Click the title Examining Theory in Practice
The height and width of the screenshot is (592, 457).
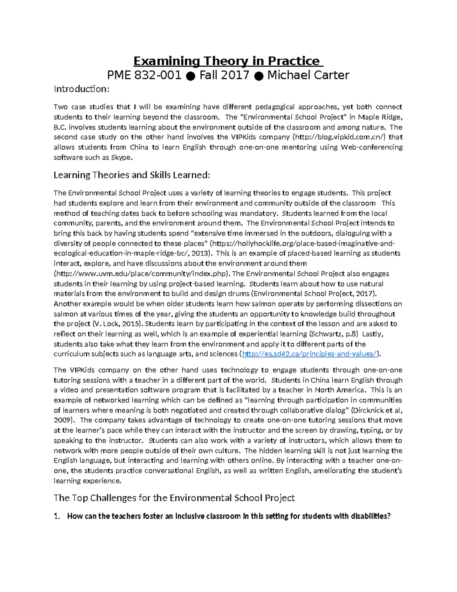[x=228, y=61]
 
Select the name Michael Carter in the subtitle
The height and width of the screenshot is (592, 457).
[x=308, y=75]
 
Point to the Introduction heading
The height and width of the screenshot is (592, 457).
[x=82, y=89]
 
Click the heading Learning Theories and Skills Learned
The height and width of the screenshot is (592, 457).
[x=132, y=175]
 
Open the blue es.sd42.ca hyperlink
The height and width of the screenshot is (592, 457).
[x=310, y=354]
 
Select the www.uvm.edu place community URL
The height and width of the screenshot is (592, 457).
[x=141, y=273]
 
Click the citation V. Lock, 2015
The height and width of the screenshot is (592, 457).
[x=118, y=324]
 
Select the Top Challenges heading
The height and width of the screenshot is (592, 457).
[x=174, y=498]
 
